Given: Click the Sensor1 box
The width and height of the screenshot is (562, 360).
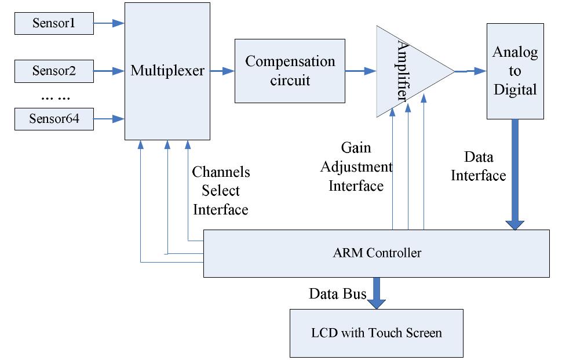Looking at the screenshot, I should point(54,24).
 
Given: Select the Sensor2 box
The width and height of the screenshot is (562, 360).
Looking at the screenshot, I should point(54,71).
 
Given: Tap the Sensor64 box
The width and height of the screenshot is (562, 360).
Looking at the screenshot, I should point(54,119).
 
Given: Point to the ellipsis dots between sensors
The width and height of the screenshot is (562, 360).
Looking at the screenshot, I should point(53,96).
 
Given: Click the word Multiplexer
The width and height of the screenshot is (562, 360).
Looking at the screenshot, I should point(167,71).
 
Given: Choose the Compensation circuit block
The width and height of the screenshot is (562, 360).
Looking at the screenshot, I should point(290,71).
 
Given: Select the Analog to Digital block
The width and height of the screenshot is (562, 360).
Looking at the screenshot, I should point(515,71).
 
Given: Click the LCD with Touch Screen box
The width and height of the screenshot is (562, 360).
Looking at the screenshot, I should point(377,333).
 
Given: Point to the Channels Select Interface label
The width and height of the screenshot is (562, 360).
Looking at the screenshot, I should point(221,191).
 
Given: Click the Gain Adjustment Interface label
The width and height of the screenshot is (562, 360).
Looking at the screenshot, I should point(356,167).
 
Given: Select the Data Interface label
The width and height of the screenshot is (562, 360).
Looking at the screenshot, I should point(479,166).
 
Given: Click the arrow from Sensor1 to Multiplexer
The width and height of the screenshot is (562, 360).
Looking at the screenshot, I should point(109,24).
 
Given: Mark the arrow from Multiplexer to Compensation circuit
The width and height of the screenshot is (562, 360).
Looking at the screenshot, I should point(222,71).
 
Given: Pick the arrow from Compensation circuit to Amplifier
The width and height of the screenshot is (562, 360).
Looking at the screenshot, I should point(360,71).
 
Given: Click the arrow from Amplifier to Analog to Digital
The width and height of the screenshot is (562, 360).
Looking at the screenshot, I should point(470,71).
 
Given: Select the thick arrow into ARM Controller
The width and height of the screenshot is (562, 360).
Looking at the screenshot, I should point(515,174).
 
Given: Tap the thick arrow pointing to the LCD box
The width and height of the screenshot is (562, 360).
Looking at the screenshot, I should point(377,293).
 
